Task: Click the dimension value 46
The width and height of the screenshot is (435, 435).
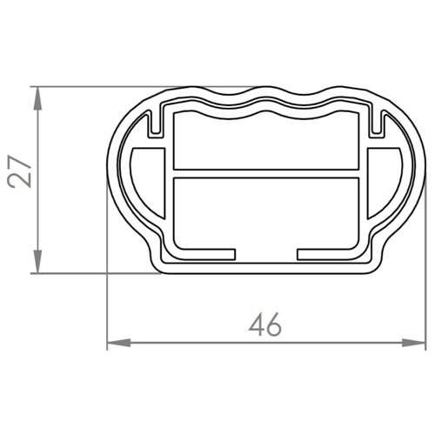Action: tap(264, 325)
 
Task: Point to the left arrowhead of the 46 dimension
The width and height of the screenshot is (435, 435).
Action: tap(116, 341)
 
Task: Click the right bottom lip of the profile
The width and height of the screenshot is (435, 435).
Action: tap(328, 253)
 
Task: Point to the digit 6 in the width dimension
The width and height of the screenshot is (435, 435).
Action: tap(275, 325)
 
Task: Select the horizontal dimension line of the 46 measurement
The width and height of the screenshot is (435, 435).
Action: tap(191, 341)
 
